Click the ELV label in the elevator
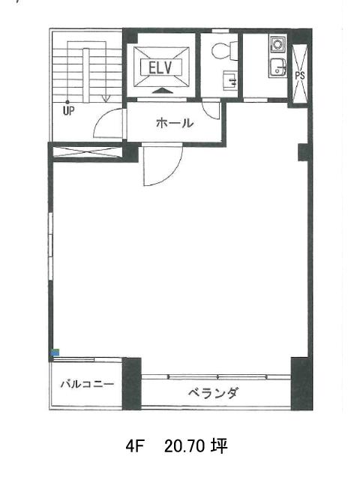(160, 68)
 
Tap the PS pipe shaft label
(300, 75)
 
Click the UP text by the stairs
(68, 110)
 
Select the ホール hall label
(175, 123)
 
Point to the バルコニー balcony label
(87, 384)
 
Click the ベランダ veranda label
(213, 393)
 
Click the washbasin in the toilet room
(230, 80)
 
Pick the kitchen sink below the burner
(278, 67)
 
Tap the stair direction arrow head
(106, 98)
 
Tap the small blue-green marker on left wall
(55, 352)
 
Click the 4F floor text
(135, 447)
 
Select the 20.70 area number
(184, 447)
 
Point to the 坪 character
(219, 446)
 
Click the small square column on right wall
(303, 152)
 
